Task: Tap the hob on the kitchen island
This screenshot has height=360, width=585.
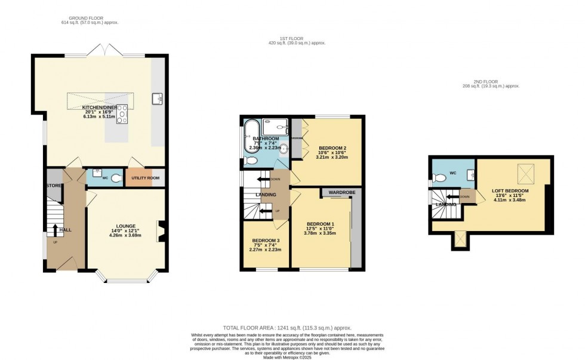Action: pyautogui.click(x=122, y=113)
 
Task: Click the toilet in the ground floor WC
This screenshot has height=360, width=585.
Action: pyautogui.click(x=116, y=178)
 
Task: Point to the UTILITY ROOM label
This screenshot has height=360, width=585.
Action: pyautogui.click(x=144, y=178)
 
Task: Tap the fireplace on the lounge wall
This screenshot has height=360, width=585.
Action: pyautogui.click(x=160, y=230)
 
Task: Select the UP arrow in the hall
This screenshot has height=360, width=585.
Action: pyautogui.click(x=55, y=230)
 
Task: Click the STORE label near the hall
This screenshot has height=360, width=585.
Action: pyautogui.click(x=54, y=186)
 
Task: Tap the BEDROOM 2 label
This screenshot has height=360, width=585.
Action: pyautogui.click(x=332, y=147)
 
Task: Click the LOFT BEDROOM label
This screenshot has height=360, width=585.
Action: pyautogui.click(x=510, y=190)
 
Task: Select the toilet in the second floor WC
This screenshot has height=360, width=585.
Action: pyautogui.click(x=441, y=177)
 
